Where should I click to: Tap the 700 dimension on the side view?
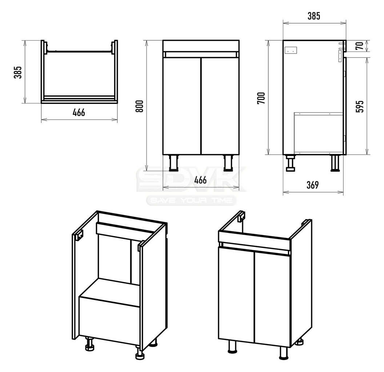click(x=261, y=98)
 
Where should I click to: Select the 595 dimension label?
click(x=360, y=106)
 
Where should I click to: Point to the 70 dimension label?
click(x=360, y=46)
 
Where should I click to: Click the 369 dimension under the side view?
click(x=313, y=185)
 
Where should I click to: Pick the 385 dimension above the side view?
click(x=314, y=16)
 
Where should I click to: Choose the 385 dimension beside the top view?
click(x=17, y=72)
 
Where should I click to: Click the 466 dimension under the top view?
click(x=79, y=113)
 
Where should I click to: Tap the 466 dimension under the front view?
click(x=201, y=180)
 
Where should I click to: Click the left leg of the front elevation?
click(x=173, y=163)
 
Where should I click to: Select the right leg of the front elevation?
click(x=228, y=163)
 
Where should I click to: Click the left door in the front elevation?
click(x=182, y=106)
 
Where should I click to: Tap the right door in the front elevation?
click(x=220, y=106)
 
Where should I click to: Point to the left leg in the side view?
click(x=291, y=163)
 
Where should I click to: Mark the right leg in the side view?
click(x=335, y=163)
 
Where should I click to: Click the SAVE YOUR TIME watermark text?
click(x=191, y=201)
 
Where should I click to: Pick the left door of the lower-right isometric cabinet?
click(x=236, y=295)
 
